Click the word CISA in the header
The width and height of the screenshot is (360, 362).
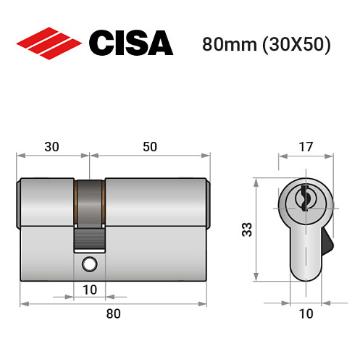coord(130,43)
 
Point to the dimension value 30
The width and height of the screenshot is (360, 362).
coord(51,146)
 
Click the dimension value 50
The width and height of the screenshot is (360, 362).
coord(149,146)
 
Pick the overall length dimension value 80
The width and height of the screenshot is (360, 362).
coord(113,313)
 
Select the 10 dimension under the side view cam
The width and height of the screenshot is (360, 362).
coord(90,290)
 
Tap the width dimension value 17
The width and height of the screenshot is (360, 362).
coord(306,146)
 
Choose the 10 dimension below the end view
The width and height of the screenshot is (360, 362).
coord(306,313)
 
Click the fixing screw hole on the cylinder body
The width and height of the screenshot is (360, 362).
coord(90,264)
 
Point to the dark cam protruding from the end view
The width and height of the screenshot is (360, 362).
coord(327,242)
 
